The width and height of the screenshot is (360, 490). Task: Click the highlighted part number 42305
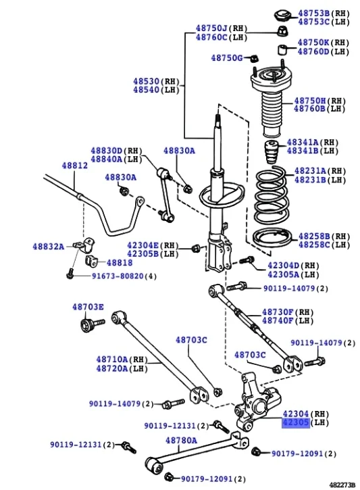[x=295, y=422]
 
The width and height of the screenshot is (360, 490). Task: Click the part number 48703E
[x=88, y=307]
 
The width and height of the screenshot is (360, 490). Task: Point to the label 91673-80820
[x=118, y=276]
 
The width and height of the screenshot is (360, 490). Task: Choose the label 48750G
[x=226, y=58]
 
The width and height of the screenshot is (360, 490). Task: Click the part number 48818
[x=119, y=262]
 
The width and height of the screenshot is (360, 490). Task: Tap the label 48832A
[x=48, y=247]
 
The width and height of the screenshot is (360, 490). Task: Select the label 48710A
[x=111, y=360]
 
